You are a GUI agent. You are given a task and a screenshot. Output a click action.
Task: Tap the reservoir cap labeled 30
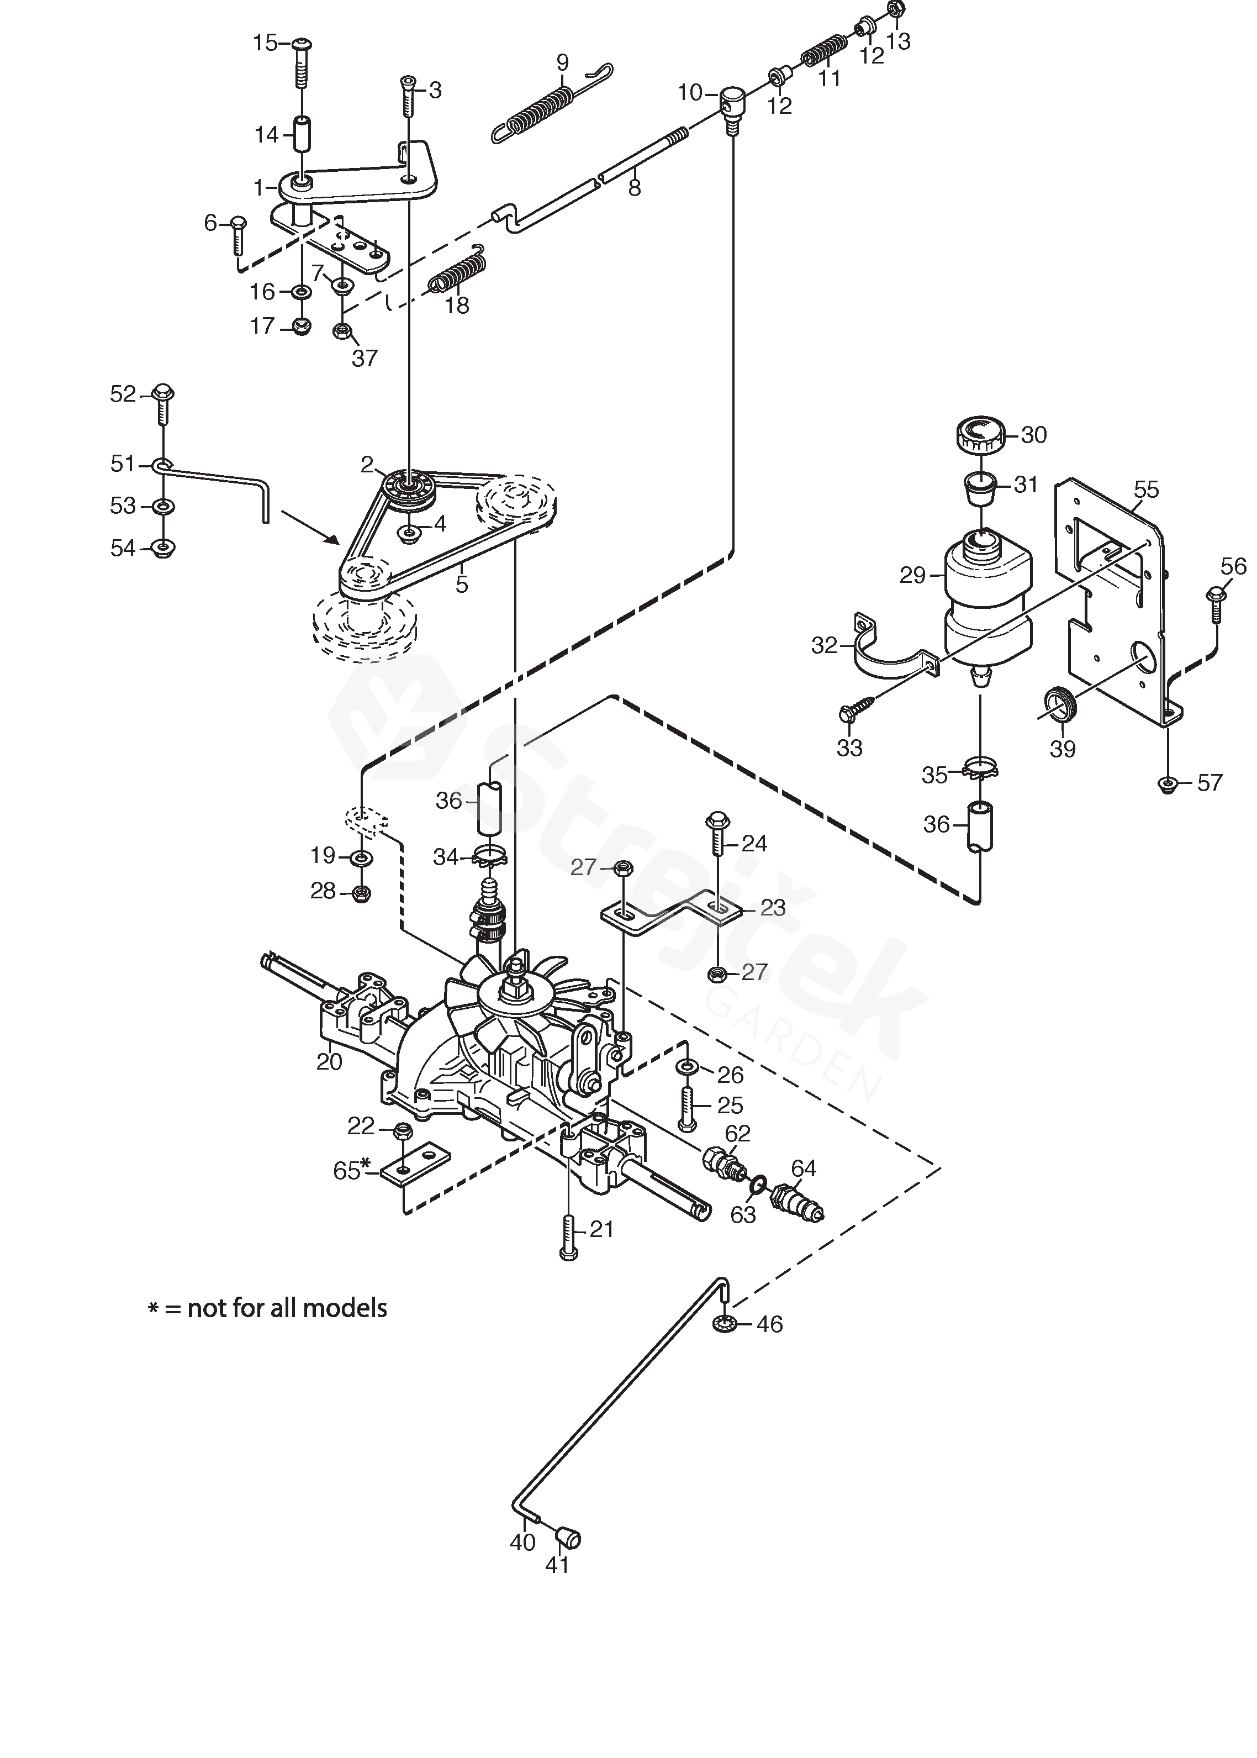tap(980, 436)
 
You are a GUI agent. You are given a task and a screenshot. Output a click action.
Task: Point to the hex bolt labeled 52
tap(163, 403)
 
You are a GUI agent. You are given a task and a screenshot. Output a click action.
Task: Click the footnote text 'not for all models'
tap(287, 1308)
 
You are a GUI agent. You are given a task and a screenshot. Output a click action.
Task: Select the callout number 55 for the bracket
tap(1147, 489)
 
